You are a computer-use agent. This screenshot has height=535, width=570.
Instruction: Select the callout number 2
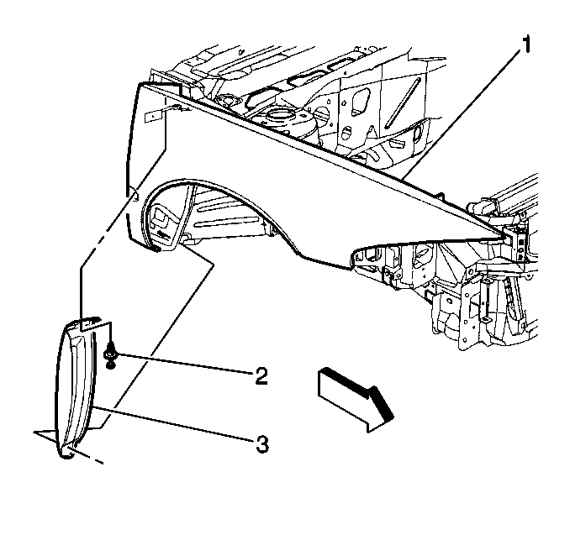(x=261, y=375)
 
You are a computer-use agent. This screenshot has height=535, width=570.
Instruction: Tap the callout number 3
(x=261, y=443)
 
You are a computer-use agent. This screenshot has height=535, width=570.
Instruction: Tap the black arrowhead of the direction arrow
(x=381, y=404)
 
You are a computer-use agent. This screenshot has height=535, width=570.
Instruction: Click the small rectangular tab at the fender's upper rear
(x=153, y=116)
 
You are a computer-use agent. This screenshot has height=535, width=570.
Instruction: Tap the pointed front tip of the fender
(x=504, y=237)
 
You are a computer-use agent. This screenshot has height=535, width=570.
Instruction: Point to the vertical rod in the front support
(x=484, y=301)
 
